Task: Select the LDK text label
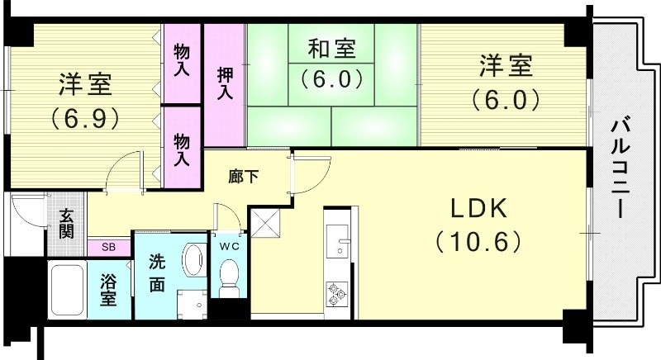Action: point(477,209)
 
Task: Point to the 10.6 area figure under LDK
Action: point(477,242)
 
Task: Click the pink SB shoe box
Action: point(109,246)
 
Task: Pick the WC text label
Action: point(230,245)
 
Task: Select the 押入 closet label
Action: point(225,84)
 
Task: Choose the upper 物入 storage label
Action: point(182,62)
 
